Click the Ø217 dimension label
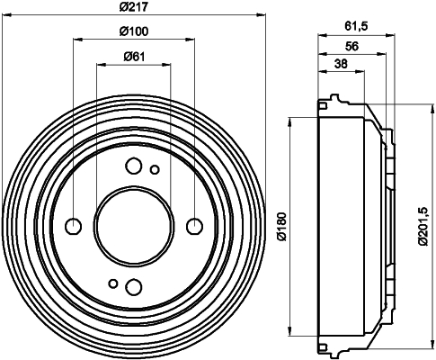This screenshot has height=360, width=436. (134, 6)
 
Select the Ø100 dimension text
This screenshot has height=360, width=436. (134, 31)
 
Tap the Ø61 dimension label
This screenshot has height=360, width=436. (134, 57)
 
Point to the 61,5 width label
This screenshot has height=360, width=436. (356, 26)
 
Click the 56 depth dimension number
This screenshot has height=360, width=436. (351, 46)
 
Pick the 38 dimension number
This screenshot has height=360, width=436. (341, 64)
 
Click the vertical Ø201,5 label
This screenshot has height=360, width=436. (424, 227)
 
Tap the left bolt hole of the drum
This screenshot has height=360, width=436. (73, 226)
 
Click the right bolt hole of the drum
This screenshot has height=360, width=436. (194, 226)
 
